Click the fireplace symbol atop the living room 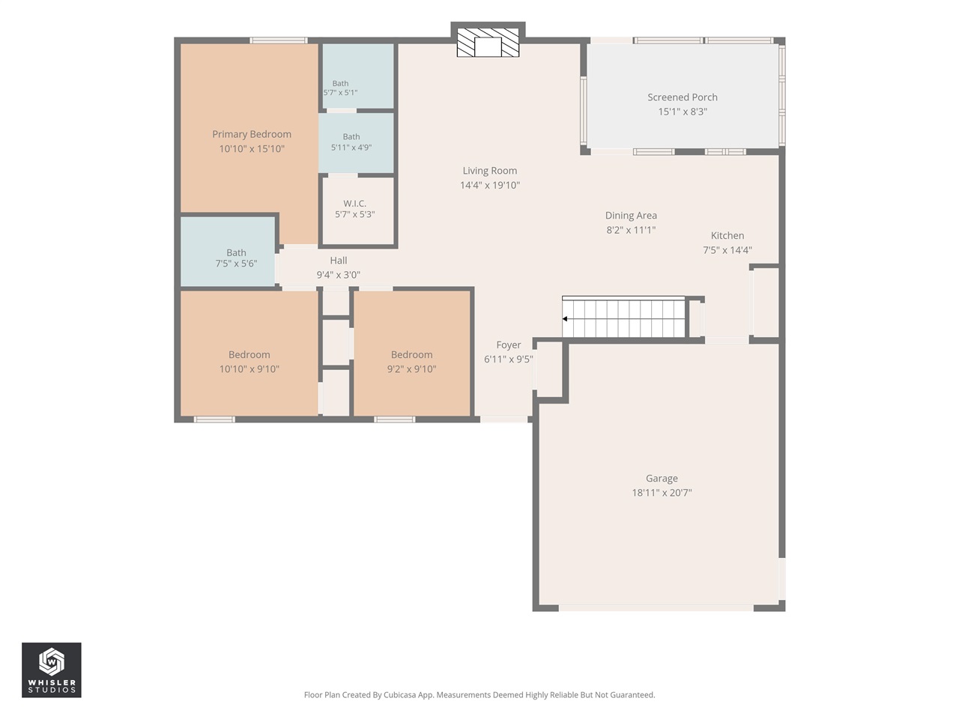pyautogui.click(x=488, y=43)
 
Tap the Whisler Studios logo pyautogui.click(x=52, y=670)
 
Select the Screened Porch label pyautogui.click(x=682, y=97)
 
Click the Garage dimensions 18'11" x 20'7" pyautogui.click(x=662, y=492)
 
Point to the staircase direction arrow pyautogui.click(x=565, y=319)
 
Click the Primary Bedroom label pyautogui.click(x=252, y=134)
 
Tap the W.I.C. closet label pyautogui.click(x=355, y=204)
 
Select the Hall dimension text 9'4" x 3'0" pyautogui.click(x=338, y=275)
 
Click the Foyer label pyautogui.click(x=509, y=345)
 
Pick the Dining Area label pyautogui.click(x=631, y=215)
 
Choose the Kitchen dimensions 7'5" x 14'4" pyautogui.click(x=727, y=250)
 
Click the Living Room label pyautogui.click(x=490, y=171)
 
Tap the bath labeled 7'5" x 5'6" pyautogui.click(x=236, y=252)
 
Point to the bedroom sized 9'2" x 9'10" pyautogui.click(x=411, y=354)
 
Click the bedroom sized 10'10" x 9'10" pyautogui.click(x=249, y=354)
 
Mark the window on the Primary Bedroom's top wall pyautogui.click(x=279, y=40)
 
